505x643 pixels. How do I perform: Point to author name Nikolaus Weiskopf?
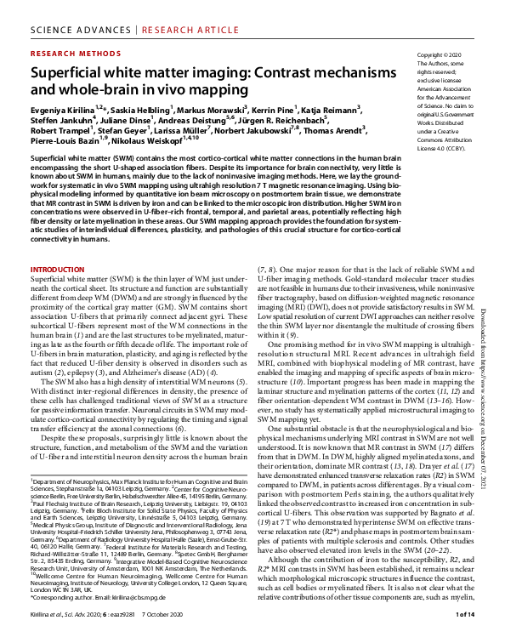coord(145,145)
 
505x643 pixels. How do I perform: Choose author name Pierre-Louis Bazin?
coord(65,145)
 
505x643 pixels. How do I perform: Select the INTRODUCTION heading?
coord(58,269)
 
